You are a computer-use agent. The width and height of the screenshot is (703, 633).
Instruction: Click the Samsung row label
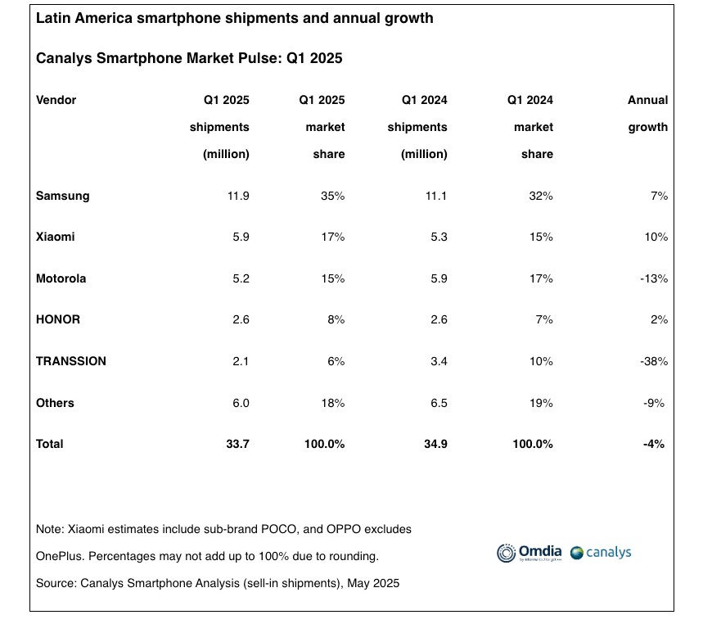[x=63, y=196]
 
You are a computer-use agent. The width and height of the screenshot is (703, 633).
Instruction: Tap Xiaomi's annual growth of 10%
[x=656, y=237]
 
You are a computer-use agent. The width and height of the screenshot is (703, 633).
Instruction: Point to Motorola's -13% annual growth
[x=654, y=278]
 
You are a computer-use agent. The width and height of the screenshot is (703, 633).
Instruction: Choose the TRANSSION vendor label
[x=71, y=360]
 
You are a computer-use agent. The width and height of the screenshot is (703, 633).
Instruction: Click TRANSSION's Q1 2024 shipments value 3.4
[x=438, y=360]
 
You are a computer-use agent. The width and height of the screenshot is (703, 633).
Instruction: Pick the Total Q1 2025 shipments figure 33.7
[x=236, y=443]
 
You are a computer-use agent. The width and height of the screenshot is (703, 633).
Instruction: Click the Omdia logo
[x=529, y=553]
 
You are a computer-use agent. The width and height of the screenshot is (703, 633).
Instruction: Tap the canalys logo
[x=601, y=553]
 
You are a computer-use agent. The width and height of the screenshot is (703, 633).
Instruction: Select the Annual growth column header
[x=648, y=113]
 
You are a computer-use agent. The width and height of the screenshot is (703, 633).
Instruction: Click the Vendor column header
[x=56, y=100]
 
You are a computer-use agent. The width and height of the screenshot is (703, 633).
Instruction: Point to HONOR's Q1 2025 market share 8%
[x=335, y=319]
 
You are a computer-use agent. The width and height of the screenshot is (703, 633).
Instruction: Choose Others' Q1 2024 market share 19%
[x=541, y=402]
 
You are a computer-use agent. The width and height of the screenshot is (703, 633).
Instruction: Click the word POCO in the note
[x=278, y=529]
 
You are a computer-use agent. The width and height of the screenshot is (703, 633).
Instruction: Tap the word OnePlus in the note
[x=59, y=556]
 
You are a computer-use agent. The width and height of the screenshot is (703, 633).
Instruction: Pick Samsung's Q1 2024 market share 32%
[x=541, y=196]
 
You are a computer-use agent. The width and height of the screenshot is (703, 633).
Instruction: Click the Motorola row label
[x=61, y=278]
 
